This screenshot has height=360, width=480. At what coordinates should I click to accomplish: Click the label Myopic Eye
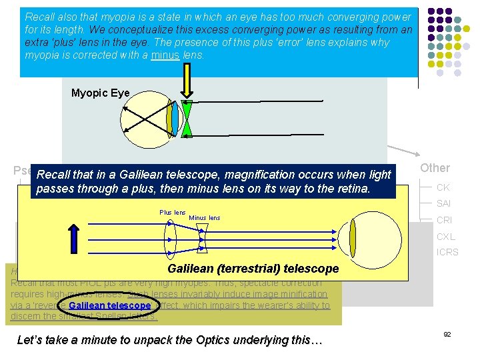tap(100, 93)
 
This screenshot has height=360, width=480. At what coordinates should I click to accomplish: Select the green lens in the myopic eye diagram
tap(187, 119)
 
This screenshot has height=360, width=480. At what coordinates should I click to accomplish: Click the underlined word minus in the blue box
tap(165, 55)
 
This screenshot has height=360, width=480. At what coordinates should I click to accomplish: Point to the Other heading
tap(435, 168)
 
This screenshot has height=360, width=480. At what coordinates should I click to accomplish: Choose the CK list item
tap(443, 188)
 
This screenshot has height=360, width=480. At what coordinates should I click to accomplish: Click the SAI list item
tap(443, 204)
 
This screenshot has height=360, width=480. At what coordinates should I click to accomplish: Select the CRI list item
tap(444, 220)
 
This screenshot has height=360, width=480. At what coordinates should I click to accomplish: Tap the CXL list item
tap(445, 236)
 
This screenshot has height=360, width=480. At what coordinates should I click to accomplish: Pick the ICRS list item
tap(447, 252)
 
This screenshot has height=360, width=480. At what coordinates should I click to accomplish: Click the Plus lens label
tap(172, 212)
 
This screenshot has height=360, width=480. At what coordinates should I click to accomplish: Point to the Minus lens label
tap(205, 218)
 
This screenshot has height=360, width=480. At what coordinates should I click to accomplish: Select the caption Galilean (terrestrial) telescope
tap(253, 269)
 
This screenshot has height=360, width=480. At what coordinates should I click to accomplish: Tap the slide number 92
tap(447, 333)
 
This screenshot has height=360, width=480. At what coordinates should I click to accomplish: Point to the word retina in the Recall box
tap(354, 188)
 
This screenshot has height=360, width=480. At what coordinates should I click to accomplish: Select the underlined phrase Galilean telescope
tap(114, 305)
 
